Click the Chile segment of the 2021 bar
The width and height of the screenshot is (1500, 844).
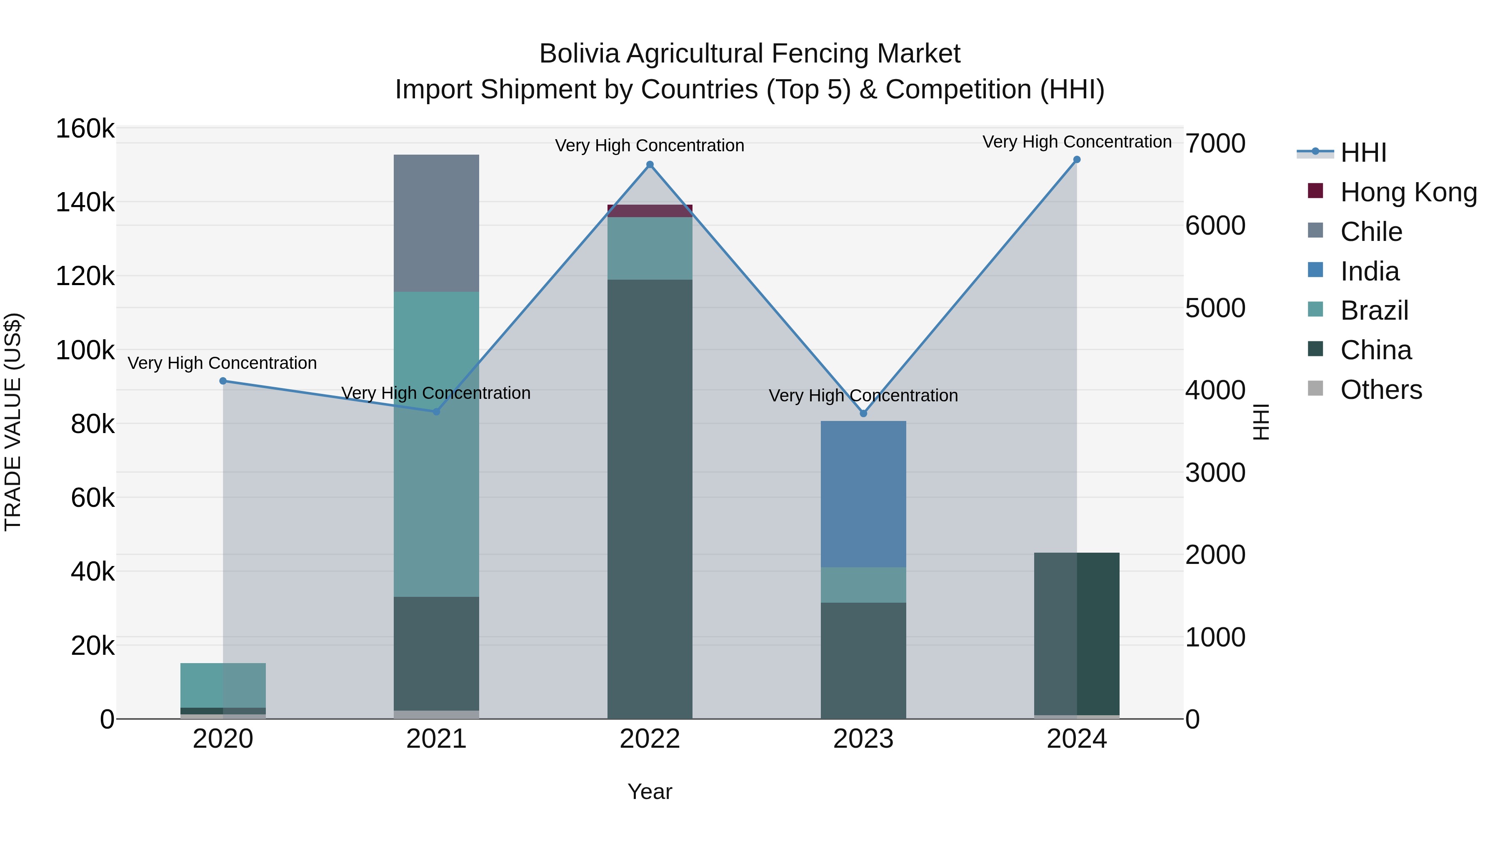click(436, 223)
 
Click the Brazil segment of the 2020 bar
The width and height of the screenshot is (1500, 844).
click(223, 685)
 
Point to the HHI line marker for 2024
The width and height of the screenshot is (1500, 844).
click(1076, 160)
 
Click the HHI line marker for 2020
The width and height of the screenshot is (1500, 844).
click(223, 381)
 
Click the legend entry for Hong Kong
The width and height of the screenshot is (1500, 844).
click(1408, 192)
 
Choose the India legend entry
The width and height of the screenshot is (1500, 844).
click(1369, 271)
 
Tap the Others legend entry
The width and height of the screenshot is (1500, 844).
click(1381, 390)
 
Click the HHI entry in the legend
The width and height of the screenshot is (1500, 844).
click(1362, 153)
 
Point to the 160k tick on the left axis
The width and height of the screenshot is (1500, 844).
click(85, 129)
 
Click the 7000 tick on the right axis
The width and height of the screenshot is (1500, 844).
click(1215, 143)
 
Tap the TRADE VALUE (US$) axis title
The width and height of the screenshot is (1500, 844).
click(13, 422)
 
